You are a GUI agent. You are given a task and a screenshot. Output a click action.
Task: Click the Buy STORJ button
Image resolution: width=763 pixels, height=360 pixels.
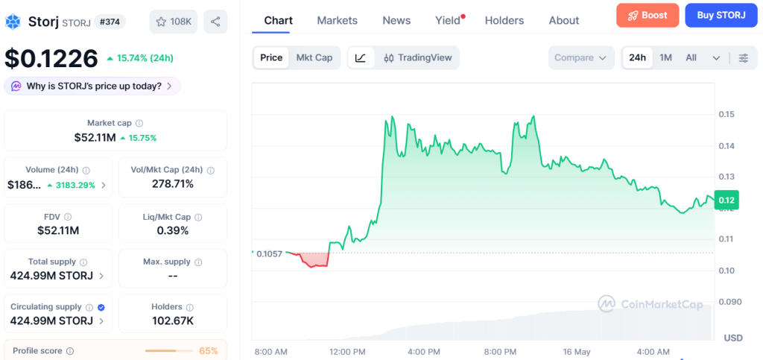pyautogui.click(x=721, y=15)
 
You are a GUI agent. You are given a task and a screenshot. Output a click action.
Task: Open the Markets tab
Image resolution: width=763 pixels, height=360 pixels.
pyautogui.click(x=338, y=20)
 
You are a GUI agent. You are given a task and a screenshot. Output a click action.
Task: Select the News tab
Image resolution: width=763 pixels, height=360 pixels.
pyautogui.click(x=396, y=20)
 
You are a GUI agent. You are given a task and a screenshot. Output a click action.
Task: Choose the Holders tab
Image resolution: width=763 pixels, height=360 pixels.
pyautogui.click(x=504, y=20)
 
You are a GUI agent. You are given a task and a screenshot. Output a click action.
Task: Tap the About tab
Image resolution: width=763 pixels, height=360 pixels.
pyautogui.click(x=564, y=20)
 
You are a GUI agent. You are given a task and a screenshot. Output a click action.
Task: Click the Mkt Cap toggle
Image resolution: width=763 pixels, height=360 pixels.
pyautogui.click(x=314, y=58)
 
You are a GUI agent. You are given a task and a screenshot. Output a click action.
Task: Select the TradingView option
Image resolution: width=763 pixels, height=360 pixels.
pyautogui.click(x=417, y=58)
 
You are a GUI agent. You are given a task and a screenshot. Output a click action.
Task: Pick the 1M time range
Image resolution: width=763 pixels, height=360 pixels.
pyautogui.click(x=665, y=58)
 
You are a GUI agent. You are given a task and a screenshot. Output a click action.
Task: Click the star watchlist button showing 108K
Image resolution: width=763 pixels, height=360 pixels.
pyautogui.click(x=173, y=22)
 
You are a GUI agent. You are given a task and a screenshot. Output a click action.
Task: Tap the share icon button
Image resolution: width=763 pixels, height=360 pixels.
pyautogui.click(x=215, y=22)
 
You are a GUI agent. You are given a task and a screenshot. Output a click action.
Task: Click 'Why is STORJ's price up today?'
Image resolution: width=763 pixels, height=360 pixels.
pyautogui.click(x=92, y=86)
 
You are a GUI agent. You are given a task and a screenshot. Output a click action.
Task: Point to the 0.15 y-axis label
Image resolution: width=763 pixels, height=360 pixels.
pyautogui.click(x=726, y=114)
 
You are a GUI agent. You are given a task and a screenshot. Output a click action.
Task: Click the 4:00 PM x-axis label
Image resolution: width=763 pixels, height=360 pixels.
pyautogui.click(x=423, y=352)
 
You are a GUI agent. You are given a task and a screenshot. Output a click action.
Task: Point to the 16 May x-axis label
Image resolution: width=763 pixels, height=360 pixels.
pyautogui.click(x=576, y=352)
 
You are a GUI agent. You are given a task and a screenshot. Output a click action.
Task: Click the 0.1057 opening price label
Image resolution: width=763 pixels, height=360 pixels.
pyautogui.click(x=269, y=253)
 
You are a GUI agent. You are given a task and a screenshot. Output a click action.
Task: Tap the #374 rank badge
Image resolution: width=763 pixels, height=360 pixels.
pyautogui.click(x=110, y=22)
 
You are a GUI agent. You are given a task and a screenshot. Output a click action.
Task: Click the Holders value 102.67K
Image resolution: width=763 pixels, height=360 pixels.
pyautogui.click(x=173, y=320)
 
